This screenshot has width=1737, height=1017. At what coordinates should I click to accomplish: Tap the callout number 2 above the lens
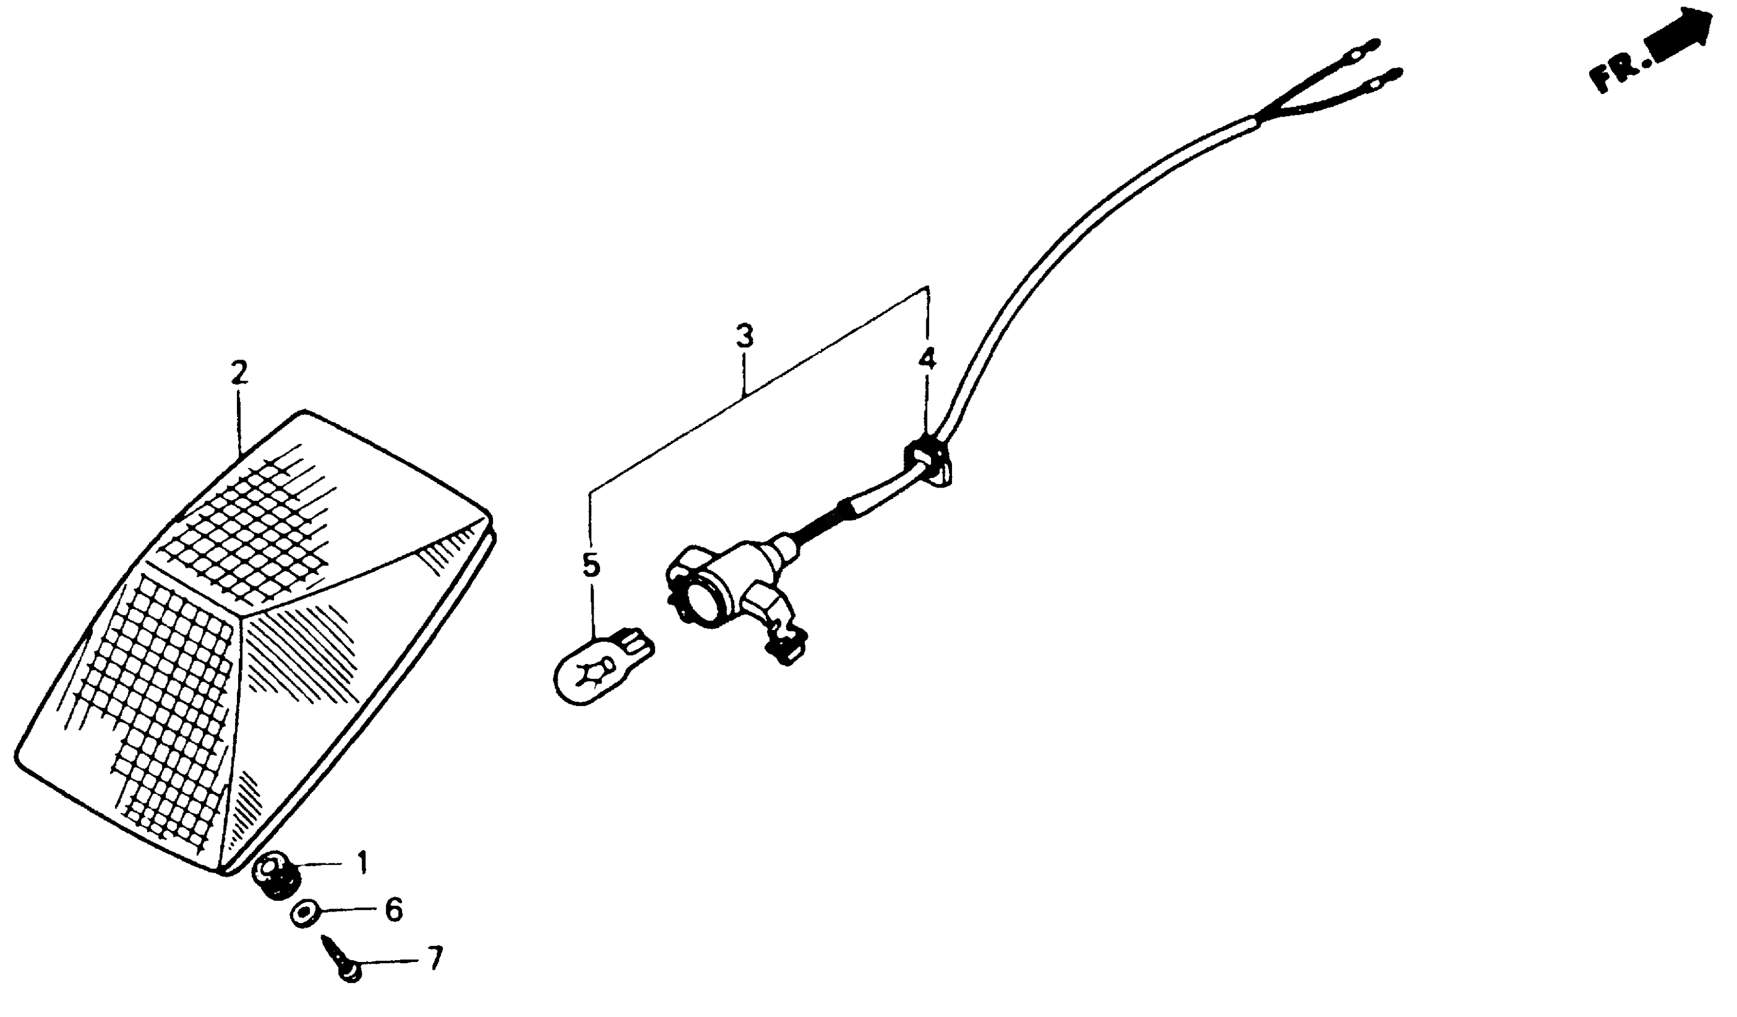point(239,373)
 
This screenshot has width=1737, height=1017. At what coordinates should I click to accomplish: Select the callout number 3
point(744,337)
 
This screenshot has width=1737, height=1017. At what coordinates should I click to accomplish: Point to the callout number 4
point(927,359)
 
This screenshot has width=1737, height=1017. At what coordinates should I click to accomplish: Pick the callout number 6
point(393,910)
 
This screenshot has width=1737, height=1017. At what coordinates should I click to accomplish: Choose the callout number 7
point(434,958)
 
